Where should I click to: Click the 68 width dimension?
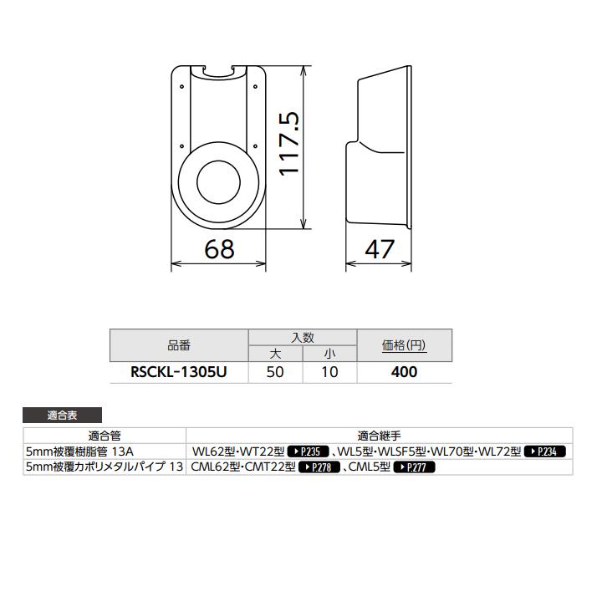pos(218,249)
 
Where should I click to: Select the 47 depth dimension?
pos(379,249)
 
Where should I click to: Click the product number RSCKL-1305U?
pos(179,372)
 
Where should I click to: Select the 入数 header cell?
pos(303,338)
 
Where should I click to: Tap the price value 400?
pos(405,372)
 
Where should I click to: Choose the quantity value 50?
pos(275,372)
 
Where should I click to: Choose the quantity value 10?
pos(329,372)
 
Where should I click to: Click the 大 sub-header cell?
pos(275,354)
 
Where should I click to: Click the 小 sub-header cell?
pos(329,354)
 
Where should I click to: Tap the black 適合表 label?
pos(63,415)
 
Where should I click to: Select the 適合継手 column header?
pos(380,435)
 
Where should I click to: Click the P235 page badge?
pos(303,451)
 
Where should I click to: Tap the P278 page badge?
pos(319,467)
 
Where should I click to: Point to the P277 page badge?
pos(415,467)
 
